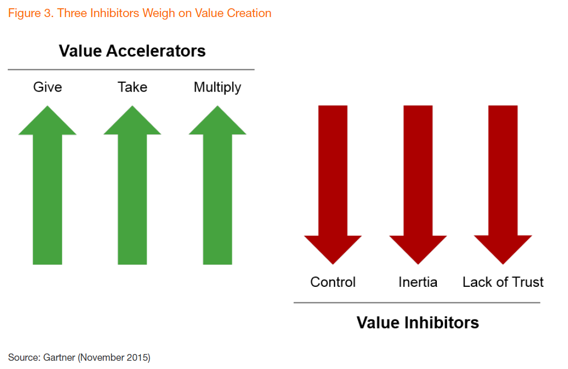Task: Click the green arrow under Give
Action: point(48,185)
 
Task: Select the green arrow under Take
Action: point(132,185)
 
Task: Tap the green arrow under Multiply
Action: point(217,185)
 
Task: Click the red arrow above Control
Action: point(333,185)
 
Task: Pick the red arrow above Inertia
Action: point(418,185)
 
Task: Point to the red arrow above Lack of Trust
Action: point(503,185)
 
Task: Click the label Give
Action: point(48,87)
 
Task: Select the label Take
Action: point(133,87)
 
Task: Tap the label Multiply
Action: point(217,88)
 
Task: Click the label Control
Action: point(333,282)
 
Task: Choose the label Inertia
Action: point(418,282)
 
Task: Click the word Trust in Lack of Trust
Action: point(527,282)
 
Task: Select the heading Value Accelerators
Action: point(132,51)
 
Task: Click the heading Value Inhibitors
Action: point(418,322)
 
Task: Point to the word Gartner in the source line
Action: point(59,358)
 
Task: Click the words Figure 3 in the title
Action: point(30,13)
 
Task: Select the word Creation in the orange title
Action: point(249,13)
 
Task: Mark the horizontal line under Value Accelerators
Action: point(131,70)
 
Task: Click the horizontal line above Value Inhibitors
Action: point(417,302)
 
